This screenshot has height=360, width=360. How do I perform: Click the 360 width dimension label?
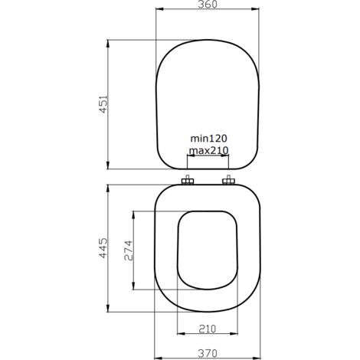click(x=208, y=7)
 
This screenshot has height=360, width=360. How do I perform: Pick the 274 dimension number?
click(x=129, y=251)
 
